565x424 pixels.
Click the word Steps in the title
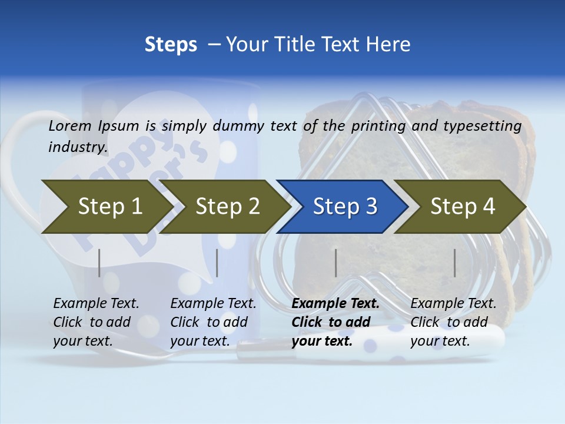(171, 45)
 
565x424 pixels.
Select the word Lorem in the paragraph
(70, 125)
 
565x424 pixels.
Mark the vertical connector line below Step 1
(99, 263)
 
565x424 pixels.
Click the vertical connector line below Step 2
(217, 263)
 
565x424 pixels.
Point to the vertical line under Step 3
(335, 263)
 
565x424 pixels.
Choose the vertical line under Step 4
(454, 263)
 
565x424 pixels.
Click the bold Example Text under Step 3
(335, 304)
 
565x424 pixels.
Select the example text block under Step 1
(96, 322)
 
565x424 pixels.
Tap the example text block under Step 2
(213, 322)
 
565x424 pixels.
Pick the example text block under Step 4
(453, 322)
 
